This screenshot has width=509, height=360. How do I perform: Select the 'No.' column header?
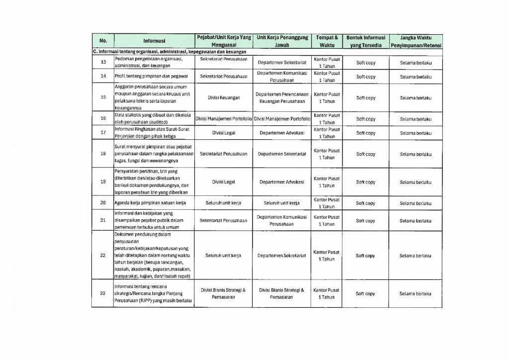pos(103,41)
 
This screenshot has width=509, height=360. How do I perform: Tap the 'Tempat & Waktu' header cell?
pos(326,41)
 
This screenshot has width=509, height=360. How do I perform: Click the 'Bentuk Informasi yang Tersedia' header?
pos(366,41)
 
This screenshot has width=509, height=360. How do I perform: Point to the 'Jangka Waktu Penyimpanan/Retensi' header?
pos(416,41)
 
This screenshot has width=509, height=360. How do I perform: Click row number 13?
pos(103,63)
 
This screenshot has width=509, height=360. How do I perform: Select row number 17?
pos(103,133)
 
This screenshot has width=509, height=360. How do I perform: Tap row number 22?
pos(103,256)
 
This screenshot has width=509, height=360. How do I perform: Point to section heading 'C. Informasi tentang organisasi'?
pos(169,51)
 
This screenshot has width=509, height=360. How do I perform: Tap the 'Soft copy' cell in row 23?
pos(366,294)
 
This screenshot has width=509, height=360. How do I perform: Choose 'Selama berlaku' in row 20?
pos(416,203)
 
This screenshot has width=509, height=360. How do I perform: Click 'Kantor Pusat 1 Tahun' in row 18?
pos(326,154)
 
